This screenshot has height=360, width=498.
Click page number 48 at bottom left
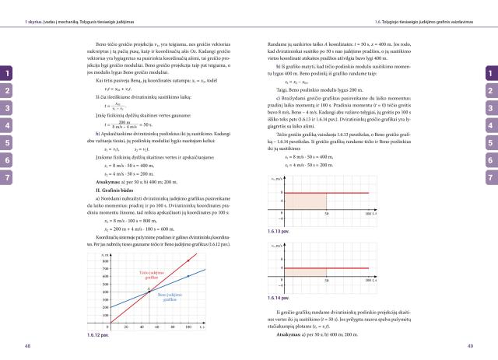[28, 345]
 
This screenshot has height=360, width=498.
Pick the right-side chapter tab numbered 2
[490, 91]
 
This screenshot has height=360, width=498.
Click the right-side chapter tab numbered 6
[490, 160]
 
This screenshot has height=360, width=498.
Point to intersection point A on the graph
[149, 292]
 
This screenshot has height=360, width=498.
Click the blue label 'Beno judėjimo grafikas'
[176, 298]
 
